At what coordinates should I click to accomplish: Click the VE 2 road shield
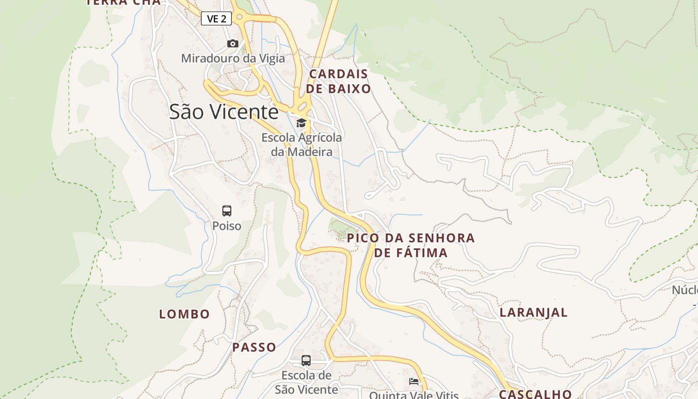[x=216, y=19]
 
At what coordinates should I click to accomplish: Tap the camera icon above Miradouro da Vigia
[x=233, y=44]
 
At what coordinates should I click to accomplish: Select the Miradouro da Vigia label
[x=233, y=58]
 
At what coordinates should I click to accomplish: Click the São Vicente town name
[x=224, y=112]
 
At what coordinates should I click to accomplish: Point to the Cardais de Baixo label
[x=339, y=81]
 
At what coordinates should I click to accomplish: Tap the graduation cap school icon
[x=301, y=123]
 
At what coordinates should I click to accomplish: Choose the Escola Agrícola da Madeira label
[x=302, y=145]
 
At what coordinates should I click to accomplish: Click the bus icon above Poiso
[x=227, y=210]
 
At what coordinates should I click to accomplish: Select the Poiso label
[x=227, y=226]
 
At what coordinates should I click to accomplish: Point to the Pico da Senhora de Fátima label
[x=411, y=245]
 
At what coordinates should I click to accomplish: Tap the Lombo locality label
[x=184, y=314]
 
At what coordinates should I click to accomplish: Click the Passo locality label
[x=254, y=347]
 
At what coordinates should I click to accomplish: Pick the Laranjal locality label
[x=534, y=312]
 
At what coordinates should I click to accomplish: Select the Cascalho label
[x=535, y=394]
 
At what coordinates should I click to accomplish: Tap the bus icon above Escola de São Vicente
[x=306, y=360]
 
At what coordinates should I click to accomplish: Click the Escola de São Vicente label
[x=307, y=382]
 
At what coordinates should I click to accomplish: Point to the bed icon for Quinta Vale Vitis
[x=414, y=382]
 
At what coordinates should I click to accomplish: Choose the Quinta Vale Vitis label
[x=414, y=395]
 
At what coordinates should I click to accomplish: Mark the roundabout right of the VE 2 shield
[x=240, y=17]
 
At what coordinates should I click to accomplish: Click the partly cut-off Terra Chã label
[x=124, y=2]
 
